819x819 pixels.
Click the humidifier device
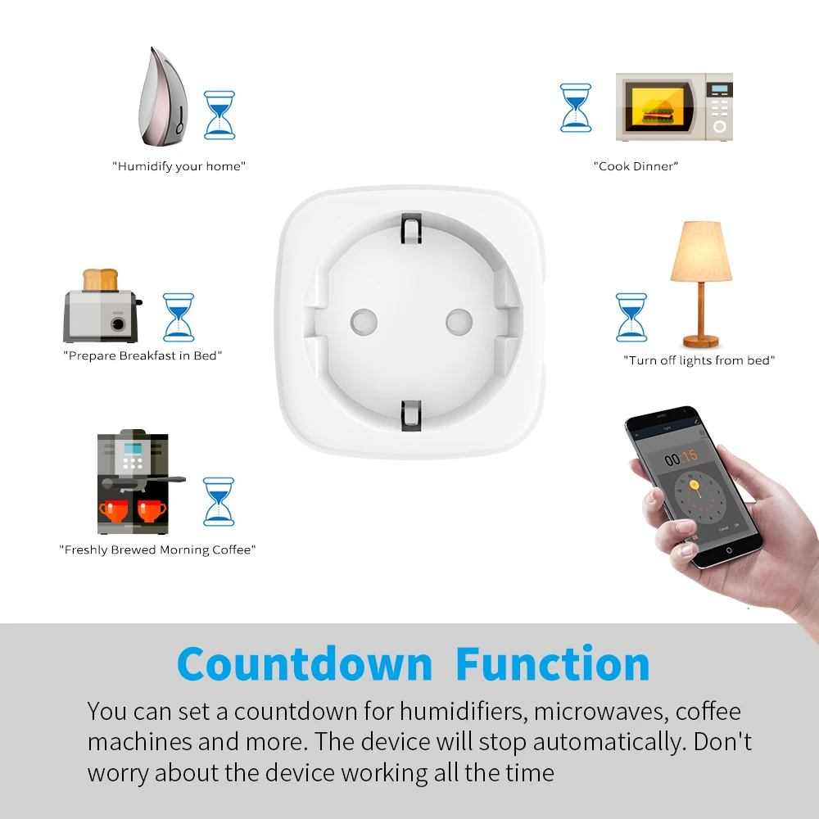coord(166,97)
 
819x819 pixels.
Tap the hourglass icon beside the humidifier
coord(219,114)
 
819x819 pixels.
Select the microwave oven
coord(673,107)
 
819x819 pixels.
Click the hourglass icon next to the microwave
coord(576,107)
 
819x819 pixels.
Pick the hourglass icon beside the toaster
coord(179,317)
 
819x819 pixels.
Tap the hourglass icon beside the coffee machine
coord(219,501)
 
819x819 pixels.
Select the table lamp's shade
coord(701,252)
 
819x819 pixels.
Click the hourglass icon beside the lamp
coord(631,317)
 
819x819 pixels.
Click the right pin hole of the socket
coord(459,321)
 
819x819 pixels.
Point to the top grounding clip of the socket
coord(410,227)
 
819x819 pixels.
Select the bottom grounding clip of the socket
coord(409,413)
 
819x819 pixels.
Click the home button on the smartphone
coord(728,550)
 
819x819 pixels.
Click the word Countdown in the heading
coord(305,663)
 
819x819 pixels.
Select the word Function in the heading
coord(553,663)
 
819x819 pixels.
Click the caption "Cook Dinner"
coord(636,166)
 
